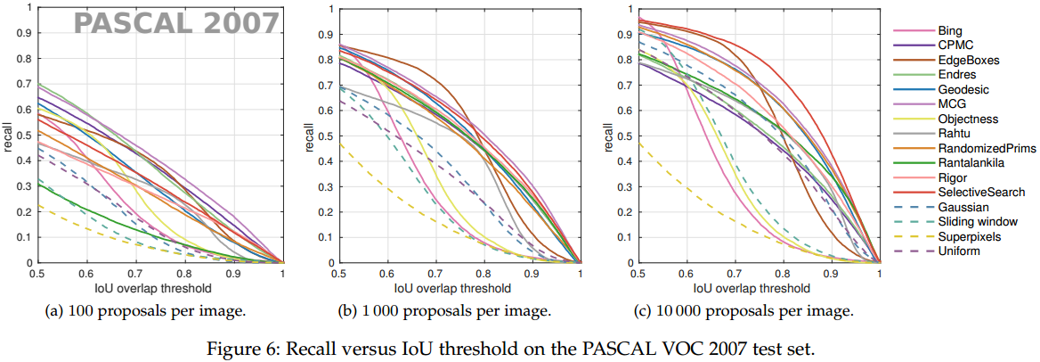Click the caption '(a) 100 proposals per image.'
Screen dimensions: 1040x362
click(144, 311)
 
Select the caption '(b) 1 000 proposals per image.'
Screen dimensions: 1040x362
click(443, 311)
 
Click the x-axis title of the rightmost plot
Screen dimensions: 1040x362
click(752, 288)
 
